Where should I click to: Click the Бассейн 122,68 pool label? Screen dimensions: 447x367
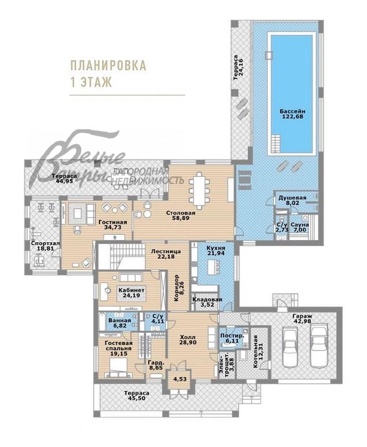tap(292, 114)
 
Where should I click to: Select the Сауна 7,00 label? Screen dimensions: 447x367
tap(300, 227)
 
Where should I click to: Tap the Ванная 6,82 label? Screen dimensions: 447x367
tap(120, 323)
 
